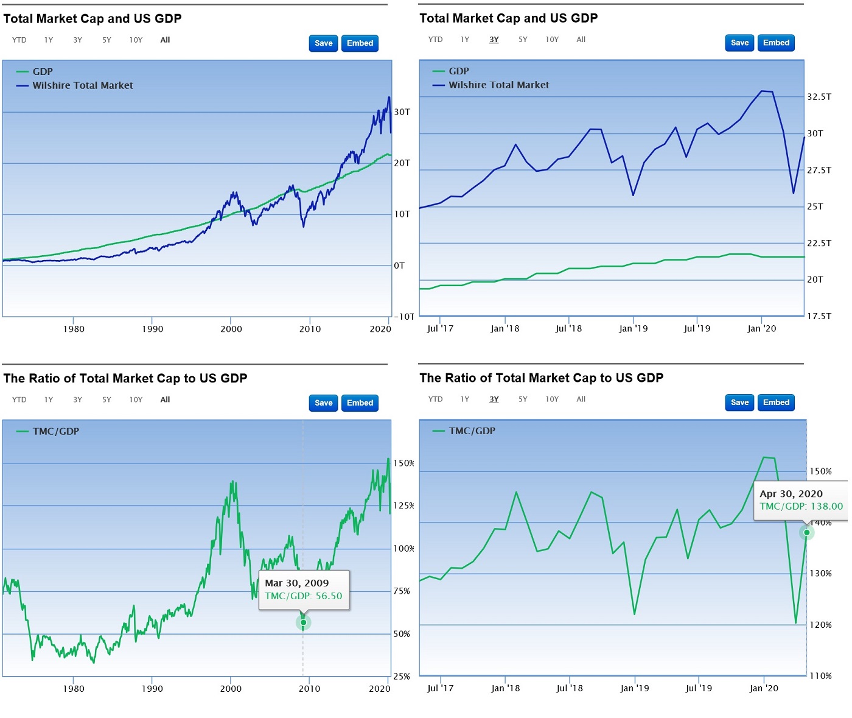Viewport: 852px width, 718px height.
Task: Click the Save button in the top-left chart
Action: [x=323, y=43]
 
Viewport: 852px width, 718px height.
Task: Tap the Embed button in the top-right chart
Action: [x=776, y=43]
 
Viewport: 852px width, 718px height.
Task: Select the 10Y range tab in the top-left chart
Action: [x=136, y=40]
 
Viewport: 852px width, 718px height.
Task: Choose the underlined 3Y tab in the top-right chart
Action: [x=494, y=40]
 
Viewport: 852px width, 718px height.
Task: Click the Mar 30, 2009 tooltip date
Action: [x=296, y=583]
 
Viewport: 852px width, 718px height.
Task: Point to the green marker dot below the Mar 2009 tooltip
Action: [x=303, y=622]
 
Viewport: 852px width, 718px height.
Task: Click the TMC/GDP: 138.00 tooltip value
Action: [x=801, y=506]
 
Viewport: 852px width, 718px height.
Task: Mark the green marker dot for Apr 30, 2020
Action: [x=806, y=532]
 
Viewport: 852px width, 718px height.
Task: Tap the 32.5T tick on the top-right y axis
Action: [x=819, y=97]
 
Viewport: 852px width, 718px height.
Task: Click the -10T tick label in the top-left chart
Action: [x=404, y=317]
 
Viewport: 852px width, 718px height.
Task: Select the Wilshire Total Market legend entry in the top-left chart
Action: [x=82, y=86]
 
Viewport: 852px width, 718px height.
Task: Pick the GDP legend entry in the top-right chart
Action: [x=458, y=71]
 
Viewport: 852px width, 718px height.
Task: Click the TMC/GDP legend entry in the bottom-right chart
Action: [x=472, y=431]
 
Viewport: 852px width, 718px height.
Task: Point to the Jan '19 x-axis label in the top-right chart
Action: [x=633, y=329]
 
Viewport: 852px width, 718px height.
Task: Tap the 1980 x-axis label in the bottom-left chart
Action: [x=74, y=689]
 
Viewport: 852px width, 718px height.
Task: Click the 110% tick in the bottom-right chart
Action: [x=820, y=676]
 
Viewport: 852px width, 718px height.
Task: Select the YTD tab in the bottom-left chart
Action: [x=19, y=400]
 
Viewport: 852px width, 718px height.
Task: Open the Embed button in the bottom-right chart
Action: [x=776, y=403]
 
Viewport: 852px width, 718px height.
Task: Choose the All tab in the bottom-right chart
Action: [x=581, y=399]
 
